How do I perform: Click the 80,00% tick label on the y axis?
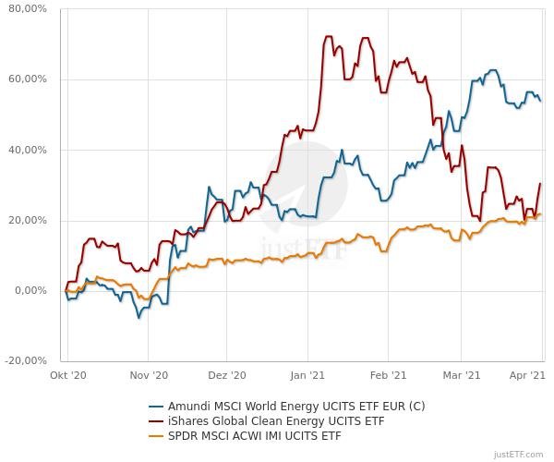[27, 9]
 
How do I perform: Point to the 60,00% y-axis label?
[27, 79]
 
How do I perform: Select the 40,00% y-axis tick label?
[27, 150]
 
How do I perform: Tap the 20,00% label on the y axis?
[27, 220]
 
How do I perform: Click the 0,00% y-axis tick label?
[30, 290]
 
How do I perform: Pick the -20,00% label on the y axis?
[25, 360]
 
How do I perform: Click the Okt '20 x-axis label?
[68, 375]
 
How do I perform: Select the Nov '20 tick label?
[149, 375]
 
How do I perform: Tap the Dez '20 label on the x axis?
[227, 375]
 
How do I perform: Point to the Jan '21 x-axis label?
[307, 375]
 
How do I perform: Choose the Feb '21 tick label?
[388, 375]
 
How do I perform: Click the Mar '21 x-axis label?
[462, 375]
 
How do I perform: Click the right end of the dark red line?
[540, 184]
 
